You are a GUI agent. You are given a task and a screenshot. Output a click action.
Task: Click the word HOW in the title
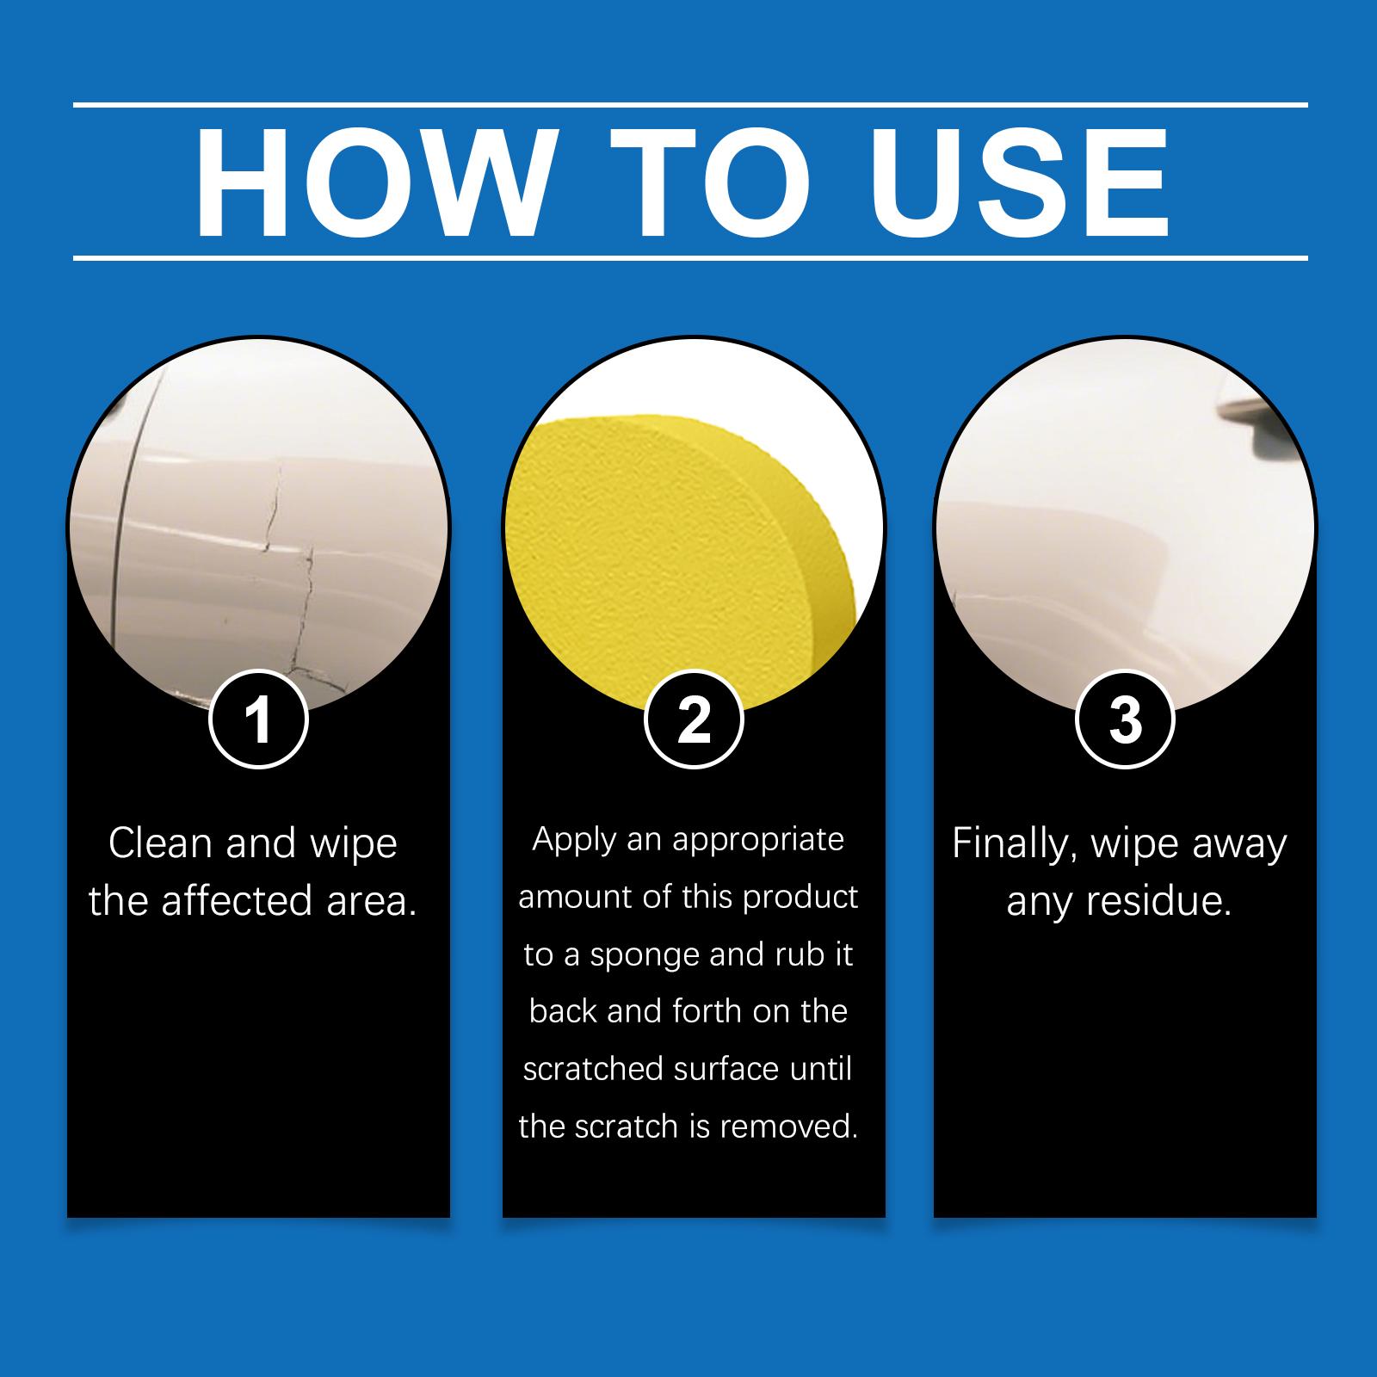pos(371,182)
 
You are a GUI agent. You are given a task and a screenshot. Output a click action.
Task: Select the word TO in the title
pos(711,182)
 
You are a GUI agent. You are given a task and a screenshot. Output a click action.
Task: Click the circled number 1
pos(258,719)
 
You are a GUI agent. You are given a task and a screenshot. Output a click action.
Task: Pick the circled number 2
pos(694,719)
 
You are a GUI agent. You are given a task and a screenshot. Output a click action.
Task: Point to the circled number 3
pos(1125,719)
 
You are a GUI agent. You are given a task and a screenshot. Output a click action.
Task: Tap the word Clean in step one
pos(161,843)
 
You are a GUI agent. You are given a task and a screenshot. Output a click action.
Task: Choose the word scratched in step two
pos(593,1069)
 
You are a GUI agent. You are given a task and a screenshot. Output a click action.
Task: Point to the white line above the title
pos(690,105)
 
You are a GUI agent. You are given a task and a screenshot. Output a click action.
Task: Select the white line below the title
pos(690,257)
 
